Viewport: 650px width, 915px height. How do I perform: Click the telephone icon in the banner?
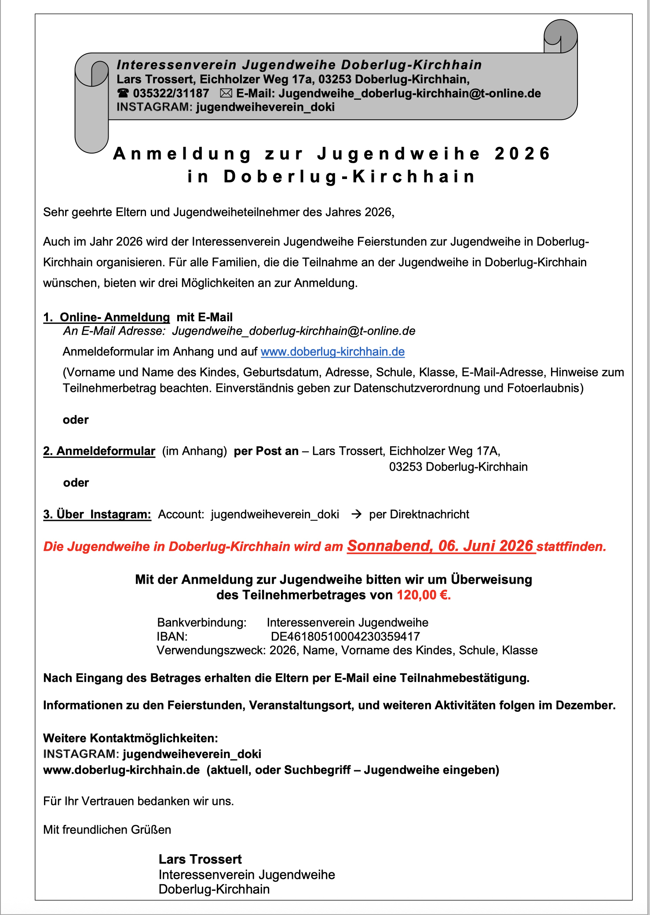pyautogui.click(x=123, y=93)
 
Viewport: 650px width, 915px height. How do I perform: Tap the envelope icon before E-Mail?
pyautogui.click(x=226, y=93)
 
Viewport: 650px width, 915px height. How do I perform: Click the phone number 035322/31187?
pyautogui.click(x=171, y=93)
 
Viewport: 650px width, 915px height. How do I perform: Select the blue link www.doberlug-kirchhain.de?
pyautogui.click(x=332, y=351)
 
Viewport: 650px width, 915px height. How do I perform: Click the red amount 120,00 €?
pyautogui.click(x=424, y=595)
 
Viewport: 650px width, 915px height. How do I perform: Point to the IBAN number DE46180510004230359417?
pyautogui.click(x=345, y=637)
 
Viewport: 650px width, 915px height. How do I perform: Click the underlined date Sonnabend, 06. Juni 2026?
pyautogui.click(x=440, y=546)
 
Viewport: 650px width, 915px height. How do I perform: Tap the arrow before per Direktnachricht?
pyautogui.click(x=356, y=514)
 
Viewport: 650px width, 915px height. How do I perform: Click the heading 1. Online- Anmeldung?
pyautogui.click(x=106, y=317)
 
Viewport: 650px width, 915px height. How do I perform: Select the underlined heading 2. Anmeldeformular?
pyautogui.click(x=99, y=451)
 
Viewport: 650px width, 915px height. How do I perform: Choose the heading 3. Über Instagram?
pyautogui.click(x=97, y=514)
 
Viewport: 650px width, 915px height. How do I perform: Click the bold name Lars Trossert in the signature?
pyautogui.click(x=200, y=859)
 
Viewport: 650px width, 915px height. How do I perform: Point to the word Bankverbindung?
pyautogui.click(x=202, y=622)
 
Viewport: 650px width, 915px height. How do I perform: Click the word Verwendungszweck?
pyautogui.click(x=211, y=650)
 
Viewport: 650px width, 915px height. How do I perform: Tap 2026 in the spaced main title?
pyautogui.click(x=522, y=154)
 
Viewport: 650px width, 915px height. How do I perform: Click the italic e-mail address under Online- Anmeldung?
pyautogui.click(x=294, y=331)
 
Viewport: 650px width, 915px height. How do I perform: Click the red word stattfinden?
pyautogui.click(x=571, y=546)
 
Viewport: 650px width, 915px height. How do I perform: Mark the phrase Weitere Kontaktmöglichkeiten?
pyautogui.click(x=131, y=738)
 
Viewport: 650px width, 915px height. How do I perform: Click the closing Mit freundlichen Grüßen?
pyautogui.click(x=107, y=830)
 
